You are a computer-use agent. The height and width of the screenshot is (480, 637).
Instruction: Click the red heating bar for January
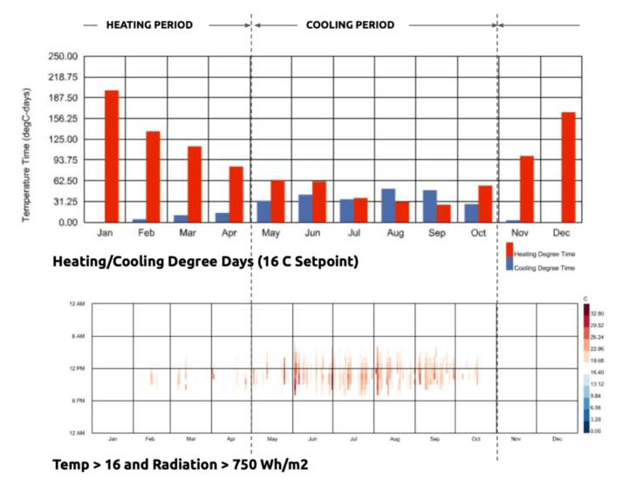click(x=112, y=156)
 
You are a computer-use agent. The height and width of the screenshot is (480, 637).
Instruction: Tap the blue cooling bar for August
click(x=388, y=206)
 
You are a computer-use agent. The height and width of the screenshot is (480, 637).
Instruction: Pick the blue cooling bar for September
click(x=429, y=207)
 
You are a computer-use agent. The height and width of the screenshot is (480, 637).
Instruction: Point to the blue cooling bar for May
click(x=264, y=212)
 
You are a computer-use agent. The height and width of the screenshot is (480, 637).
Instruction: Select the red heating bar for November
click(x=526, y=189)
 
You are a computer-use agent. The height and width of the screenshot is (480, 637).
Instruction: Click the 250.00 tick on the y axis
click(x=67, y=57)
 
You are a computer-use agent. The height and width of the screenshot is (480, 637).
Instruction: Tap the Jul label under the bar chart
click(x=353, y=235)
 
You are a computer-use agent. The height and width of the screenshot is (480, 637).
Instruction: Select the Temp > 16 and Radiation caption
click(x=181, y=465)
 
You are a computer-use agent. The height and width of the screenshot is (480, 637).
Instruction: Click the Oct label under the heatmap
click(x=476, y=439)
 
